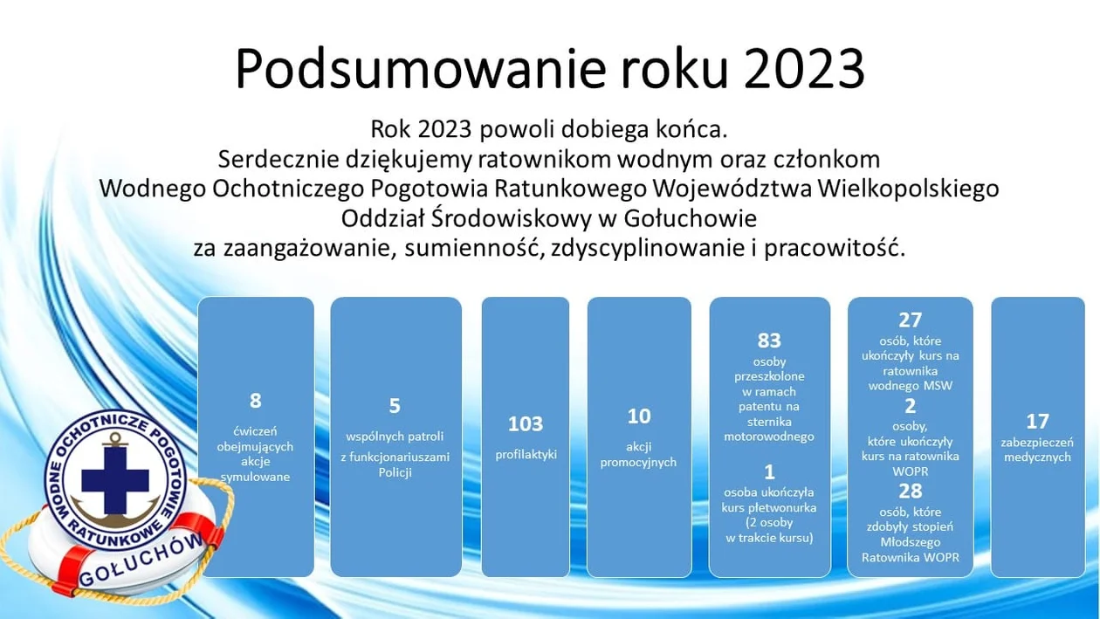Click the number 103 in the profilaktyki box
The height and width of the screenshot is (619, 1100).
click(x=525, y=424)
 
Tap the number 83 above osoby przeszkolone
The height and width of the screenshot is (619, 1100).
click(x=769, y=340)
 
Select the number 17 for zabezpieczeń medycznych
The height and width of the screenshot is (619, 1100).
click(x=1037, y=422)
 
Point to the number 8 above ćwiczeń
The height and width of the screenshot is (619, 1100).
click(x=255, y=401)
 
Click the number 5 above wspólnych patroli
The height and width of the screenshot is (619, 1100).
click(x=395, y=406)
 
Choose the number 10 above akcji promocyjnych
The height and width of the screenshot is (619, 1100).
click(x=639, y=416)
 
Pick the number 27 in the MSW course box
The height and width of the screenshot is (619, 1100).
click(x=910, y=320)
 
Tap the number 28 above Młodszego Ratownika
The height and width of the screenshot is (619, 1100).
click(x=911, y=492)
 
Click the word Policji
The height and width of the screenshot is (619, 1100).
click(x=395, y=472)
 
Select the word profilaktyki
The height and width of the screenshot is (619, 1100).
click(x=526, y=455)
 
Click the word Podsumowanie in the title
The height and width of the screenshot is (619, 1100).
click(x=421, y=68)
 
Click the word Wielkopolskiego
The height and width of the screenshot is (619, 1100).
click(x=908, y=189)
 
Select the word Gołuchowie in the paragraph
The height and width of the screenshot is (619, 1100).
click(x=691, y=218)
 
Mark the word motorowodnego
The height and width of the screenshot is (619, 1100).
click(x=769, y=437)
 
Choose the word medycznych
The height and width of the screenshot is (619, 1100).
click(x=1037, y=457)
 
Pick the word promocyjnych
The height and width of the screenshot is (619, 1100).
click(x=638, y=462)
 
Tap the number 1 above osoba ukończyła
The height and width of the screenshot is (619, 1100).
click(x=769, y=472)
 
